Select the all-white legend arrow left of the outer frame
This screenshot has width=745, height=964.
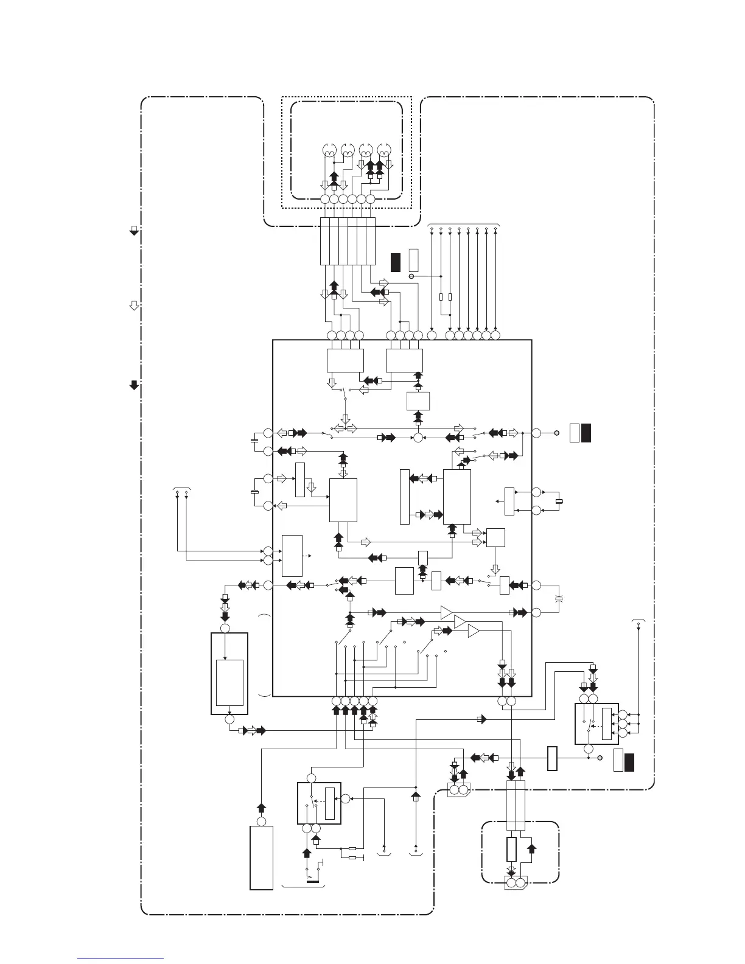pos(134,305)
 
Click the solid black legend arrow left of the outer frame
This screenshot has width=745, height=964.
pos(134,385)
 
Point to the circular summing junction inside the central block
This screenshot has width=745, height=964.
pos(418,437)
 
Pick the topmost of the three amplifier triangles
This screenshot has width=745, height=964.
pos(447,611)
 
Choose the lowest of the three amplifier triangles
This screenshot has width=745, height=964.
pos(474,632)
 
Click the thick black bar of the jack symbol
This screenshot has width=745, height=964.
pos(313,880)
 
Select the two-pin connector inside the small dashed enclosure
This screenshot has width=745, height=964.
pos(516,882)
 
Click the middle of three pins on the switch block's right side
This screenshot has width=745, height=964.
pos(622,724)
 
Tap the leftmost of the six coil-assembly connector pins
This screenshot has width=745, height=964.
pos(324,200)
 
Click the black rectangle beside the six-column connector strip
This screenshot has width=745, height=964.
pos(396,260)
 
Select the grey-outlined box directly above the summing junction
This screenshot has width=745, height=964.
pos(418,402)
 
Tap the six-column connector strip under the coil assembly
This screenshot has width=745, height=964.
pos(348,240)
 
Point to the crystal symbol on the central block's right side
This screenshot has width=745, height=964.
pos(559,501)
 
